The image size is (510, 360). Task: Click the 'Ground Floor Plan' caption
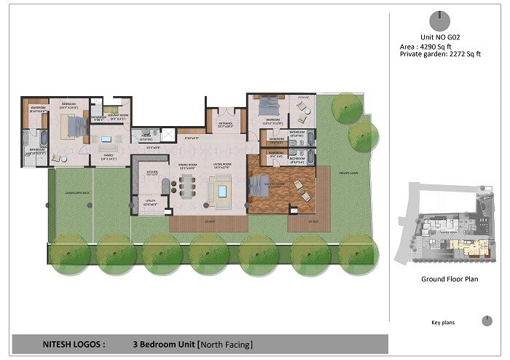[443, 279]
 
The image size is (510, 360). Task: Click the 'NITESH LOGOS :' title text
[65, 344]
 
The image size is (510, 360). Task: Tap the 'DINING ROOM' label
[189, 165]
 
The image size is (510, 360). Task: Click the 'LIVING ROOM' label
[221, 165]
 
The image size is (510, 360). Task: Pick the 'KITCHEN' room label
[152, 172]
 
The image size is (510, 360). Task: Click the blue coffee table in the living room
[221, 192]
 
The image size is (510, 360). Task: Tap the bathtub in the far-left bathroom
[42, 137]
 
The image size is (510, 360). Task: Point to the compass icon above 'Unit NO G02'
[439, 20]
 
